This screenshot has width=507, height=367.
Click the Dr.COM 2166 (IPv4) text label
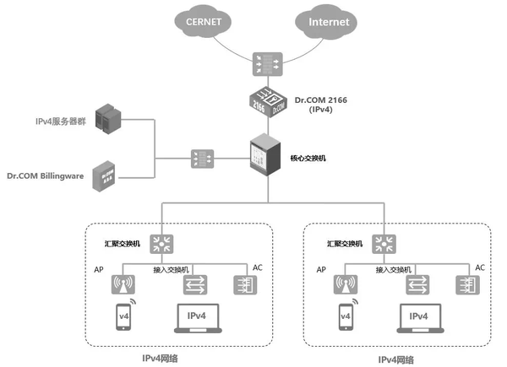(x=320, y=105)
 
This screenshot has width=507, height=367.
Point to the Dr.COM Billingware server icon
(x=106, y=176)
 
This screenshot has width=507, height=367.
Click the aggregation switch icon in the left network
(x=161, y=244)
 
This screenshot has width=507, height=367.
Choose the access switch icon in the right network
(x=417, y=285)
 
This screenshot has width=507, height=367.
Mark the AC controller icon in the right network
(x=466, y=285)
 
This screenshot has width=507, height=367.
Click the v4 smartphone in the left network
(x=124, y=318)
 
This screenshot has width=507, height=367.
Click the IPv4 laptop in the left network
(x=196, y=318)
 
